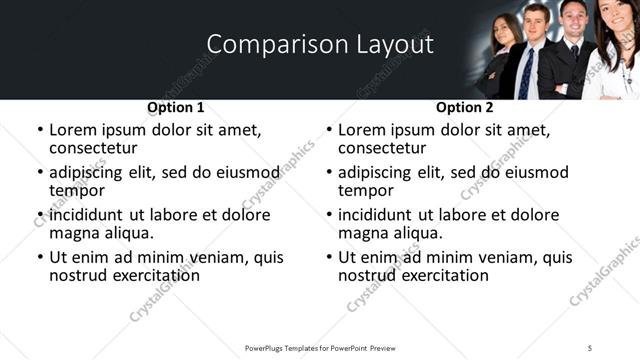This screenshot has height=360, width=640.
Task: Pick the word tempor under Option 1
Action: click(x=76, y=190)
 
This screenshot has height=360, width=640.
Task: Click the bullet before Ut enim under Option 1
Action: click(x=39, y=257)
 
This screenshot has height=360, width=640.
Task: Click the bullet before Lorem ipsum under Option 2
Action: click(x=328, y=131)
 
